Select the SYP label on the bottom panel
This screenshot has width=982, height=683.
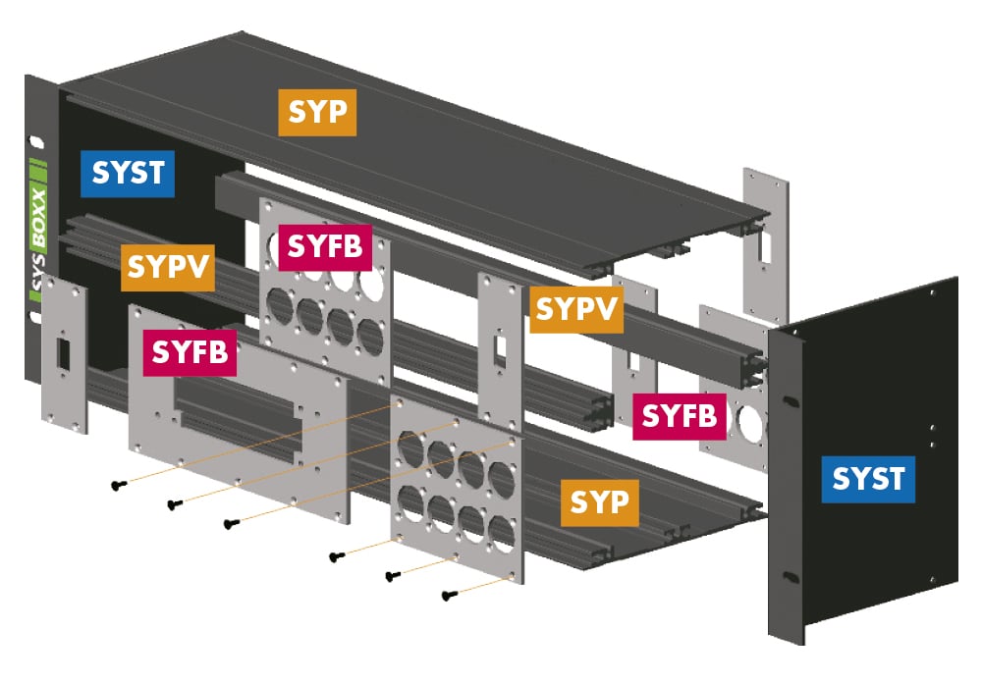[599, 502]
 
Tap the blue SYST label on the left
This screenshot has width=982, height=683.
[128, 173]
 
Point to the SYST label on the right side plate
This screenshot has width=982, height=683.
[868, 479]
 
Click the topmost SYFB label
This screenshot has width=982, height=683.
[324, 247]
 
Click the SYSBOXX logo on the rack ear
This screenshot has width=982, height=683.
[39, 231]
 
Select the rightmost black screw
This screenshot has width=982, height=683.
[451, 594]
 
